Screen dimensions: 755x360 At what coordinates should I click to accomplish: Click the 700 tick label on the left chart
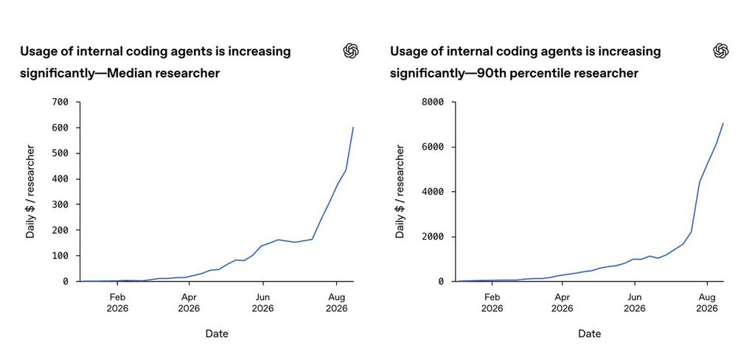pyautogui.click(x=60, y=102)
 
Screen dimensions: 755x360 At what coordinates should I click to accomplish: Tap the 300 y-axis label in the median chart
pyautogui.click(x=60, y=204)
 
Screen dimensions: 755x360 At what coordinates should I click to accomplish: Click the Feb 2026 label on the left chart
pyautogui.click(x=117, y=302)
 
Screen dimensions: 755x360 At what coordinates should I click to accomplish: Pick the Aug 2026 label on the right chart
pyautogui.click(x=707, y=302)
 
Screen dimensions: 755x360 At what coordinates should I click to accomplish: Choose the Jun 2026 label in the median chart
pyautogui.click(x=262, y=302)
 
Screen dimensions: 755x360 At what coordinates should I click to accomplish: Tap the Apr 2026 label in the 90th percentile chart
pyautogui.click(x=562, y=302)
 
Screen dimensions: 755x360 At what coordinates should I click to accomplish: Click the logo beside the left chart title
pyautogui.click(x=351, y=51)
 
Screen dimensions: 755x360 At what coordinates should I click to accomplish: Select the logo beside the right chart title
pyautogui.click(x=721, y=51)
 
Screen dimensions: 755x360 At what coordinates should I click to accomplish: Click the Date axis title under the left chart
pyautogui.click(x=217, y=333)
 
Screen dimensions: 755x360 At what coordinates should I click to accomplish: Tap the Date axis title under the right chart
pyautogui.click(x=589, y=333)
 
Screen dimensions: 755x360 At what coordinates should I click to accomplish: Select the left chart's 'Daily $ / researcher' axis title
pyautogui.click(x=30, y=192)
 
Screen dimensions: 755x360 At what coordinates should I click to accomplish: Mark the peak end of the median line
pyautogui.click(x=353, y=127)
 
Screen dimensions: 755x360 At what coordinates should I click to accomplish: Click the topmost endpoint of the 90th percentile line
pyautogui.click(x=723, y=123)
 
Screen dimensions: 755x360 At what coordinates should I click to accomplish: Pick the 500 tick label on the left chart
pyautogui.click(x=60, y=153)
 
